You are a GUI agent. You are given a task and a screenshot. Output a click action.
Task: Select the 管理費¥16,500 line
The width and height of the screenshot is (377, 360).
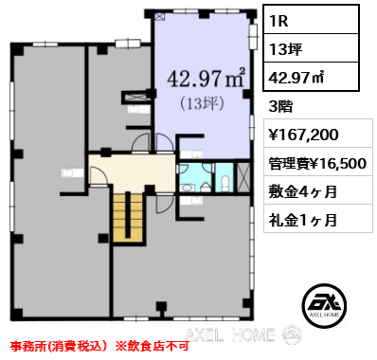(x=320, y=163)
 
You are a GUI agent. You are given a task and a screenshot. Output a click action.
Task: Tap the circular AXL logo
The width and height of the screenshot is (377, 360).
(x=324, y=305)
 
